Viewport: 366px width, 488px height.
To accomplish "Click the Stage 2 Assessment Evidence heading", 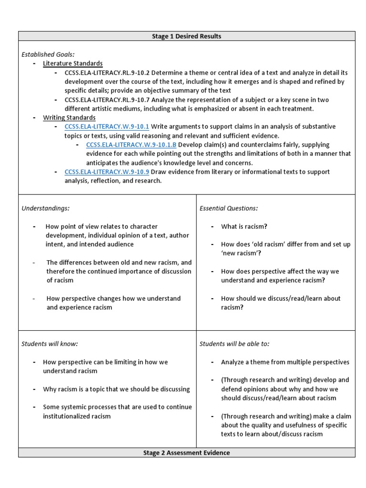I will pyautogui.click(x=186, y=453).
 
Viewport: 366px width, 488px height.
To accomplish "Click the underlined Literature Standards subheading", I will pyautogui.click(x=72, y=63).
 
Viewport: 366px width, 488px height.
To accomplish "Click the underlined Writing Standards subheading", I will pyautogui.click(x=69, y=118).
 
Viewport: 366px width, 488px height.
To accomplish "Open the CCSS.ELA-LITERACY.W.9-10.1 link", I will pyautogui.click(x=107, y=127).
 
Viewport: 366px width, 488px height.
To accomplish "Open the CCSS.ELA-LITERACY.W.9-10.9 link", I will pyautogui.click(x=107, y=172).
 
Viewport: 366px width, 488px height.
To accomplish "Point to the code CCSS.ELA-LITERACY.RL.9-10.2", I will pyautogui.click(x=107, y=72).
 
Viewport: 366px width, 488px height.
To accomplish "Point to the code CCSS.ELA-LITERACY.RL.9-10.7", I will pyautogui.click(x=107, y=100).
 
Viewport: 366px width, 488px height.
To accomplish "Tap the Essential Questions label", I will pyautogui.click(x=229, y=208).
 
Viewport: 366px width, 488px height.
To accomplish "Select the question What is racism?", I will pyautogui.click(x=244, y=226).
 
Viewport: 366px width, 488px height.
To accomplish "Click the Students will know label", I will pyautogui.click(x=50, y=344).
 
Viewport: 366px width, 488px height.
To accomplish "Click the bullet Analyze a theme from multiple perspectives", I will pyautogui.click(x=285, y=362).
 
